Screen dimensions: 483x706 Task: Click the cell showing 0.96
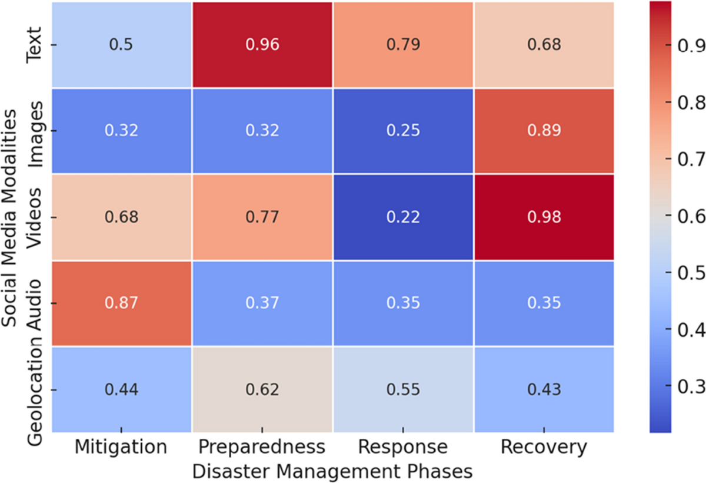pyautogui.click(x=262, y=45)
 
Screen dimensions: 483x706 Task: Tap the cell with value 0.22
pyautogui.click(x=403, y=217)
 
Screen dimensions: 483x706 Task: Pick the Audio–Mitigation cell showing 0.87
pyautogui.click(x=121, y=303)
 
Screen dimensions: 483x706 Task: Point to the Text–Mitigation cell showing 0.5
pyautogui.click(x=121, y=45)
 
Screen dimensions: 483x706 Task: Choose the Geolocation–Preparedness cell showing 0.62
pyautogui.click(x=262, y=389)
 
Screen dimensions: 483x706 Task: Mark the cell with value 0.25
pyautogui.click(x=403, y=131)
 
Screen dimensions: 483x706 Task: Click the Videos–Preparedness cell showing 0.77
pyautogui.click(x=262, y=217)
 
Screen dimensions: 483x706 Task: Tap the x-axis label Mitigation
pyautogui.click(x=121, y=448)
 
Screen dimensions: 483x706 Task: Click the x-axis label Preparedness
pyautogui.click(x=262, y=448)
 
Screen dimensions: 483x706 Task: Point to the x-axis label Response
pyautogui.click(x=403, y=448)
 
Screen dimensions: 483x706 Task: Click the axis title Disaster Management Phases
pyautogui.click(x=332, y=471)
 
